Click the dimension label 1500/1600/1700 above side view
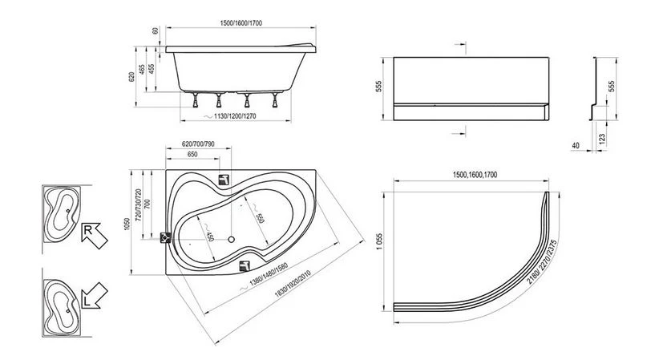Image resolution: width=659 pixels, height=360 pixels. click(241, 22)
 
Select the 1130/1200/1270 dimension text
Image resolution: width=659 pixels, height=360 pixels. click(235, 116)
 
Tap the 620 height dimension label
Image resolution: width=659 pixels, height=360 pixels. click(131, 76)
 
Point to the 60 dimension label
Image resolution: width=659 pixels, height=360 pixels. click(156, 30)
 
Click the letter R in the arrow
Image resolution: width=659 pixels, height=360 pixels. click(88, 230)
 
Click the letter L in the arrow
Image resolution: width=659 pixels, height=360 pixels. click(86, 301)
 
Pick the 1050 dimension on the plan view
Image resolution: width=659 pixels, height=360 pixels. click(127, 224)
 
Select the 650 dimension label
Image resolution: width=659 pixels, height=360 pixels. click(192, 155)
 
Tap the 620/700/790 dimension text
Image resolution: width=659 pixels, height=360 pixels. click(198, 144)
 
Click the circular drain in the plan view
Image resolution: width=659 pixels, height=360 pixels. click(231, 239)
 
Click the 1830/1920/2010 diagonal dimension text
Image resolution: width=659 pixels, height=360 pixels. click(293, 284)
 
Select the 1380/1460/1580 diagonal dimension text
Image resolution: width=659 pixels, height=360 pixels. click(268, 274)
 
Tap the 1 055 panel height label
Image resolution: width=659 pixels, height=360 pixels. click(379, 242)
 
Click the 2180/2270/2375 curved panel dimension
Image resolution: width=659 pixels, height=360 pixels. click(542, 261)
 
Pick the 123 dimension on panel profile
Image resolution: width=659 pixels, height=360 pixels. click(602, 138)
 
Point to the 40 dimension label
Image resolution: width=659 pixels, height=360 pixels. click(576, 145)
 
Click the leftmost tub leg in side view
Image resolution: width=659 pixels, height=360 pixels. click(195, 99)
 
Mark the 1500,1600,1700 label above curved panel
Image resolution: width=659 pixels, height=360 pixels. click(475, 175)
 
